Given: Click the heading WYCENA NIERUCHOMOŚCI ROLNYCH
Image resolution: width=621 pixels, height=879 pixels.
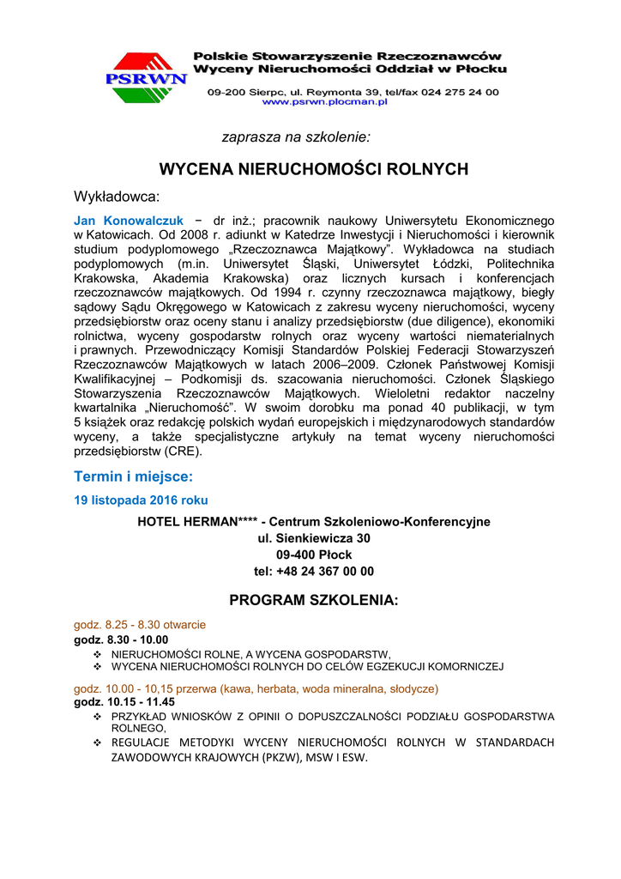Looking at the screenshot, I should tap(314, 169).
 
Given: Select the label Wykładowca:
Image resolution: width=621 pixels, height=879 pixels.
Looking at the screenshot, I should tap(117, 197).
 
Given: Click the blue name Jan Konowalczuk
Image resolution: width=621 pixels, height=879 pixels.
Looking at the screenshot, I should tap(129, 221).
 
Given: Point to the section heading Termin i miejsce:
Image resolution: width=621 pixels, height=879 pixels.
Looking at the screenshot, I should tap(134, 476).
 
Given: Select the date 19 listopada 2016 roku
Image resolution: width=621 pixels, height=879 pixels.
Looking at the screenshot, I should tap(141, 500).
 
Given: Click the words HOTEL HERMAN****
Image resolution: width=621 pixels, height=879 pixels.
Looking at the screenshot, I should tap(198, 521).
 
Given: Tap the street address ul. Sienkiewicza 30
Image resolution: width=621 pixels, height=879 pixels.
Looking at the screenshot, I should tap(314, 538).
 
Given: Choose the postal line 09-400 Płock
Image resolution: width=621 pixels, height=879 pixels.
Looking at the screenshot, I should tap(314, 555).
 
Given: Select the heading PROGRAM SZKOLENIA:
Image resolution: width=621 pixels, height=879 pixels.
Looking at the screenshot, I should tap(314, 600).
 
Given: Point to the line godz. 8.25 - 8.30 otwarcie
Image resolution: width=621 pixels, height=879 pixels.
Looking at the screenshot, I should tap(140, 625).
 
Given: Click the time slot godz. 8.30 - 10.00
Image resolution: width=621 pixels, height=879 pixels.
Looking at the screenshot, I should tap(121, 640).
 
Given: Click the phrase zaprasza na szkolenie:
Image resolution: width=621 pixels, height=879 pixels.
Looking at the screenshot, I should tap(296, 136).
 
